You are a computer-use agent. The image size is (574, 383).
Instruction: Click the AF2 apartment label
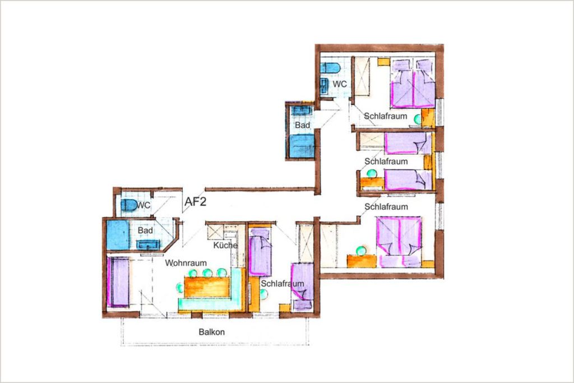195,201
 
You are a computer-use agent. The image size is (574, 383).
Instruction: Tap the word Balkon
211,332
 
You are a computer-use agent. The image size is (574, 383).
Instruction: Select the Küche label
225,245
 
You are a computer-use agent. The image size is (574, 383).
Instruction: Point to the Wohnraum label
186,263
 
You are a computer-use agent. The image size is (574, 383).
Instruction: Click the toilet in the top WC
331,68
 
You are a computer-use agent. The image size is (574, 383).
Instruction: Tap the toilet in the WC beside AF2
128,205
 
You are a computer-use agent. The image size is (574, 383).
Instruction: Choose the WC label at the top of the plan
340,84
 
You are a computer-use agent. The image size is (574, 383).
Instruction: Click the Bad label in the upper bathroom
302,125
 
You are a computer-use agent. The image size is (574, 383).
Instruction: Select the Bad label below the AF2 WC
145,230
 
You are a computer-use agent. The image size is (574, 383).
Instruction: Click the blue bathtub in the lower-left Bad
118,235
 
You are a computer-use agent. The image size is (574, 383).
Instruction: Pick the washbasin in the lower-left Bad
148,244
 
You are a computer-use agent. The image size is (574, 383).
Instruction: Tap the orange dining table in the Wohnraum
207,287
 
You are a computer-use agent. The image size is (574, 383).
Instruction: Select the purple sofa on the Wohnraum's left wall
119,282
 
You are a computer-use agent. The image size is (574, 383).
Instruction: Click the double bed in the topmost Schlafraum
413,84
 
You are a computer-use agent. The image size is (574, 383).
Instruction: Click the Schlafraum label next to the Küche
283,284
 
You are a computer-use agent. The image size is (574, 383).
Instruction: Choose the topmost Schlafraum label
386,116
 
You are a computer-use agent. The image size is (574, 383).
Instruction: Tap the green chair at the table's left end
180,288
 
